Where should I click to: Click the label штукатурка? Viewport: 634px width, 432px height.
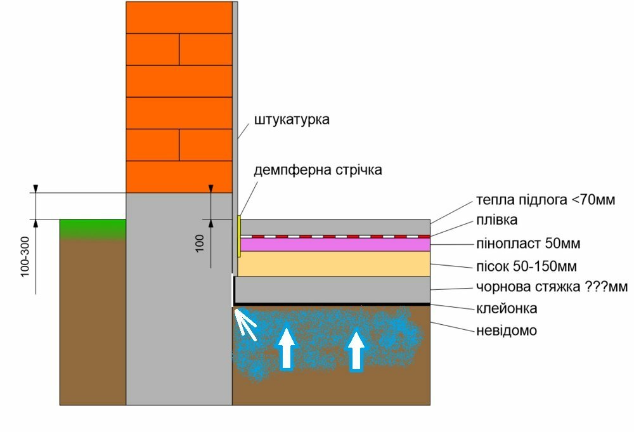(x=292, y=120)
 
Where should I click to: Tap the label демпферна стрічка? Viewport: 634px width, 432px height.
(x=318, y=170)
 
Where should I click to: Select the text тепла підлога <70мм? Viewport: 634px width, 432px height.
(x=545, y=200)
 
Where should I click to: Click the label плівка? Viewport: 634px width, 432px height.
(x=496, y=220)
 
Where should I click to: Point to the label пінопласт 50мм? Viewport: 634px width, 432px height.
(x=528, y=244)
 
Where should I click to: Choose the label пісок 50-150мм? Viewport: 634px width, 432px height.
(x=526, y=266)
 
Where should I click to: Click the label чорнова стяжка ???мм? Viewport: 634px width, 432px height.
(x=552, y=287)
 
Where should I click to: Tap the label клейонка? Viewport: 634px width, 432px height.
(x=507, y=309)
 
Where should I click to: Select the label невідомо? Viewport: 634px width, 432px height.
(x=507, y=331)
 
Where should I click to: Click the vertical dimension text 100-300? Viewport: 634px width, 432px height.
(x=25, y=257)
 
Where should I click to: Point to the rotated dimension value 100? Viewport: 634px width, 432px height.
(x=200, y=244)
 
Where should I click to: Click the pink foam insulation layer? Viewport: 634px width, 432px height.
(x=335, y=245)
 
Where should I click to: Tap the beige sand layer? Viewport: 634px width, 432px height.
(x=333, y=264)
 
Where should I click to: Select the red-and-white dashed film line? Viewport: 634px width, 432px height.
(x=335, y=237)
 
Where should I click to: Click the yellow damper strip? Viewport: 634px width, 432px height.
(x=239, y=236)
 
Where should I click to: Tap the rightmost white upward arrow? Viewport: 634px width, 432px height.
(x=356, y=350)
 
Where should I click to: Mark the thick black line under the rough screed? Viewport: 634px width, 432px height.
(x=332, y=304)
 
